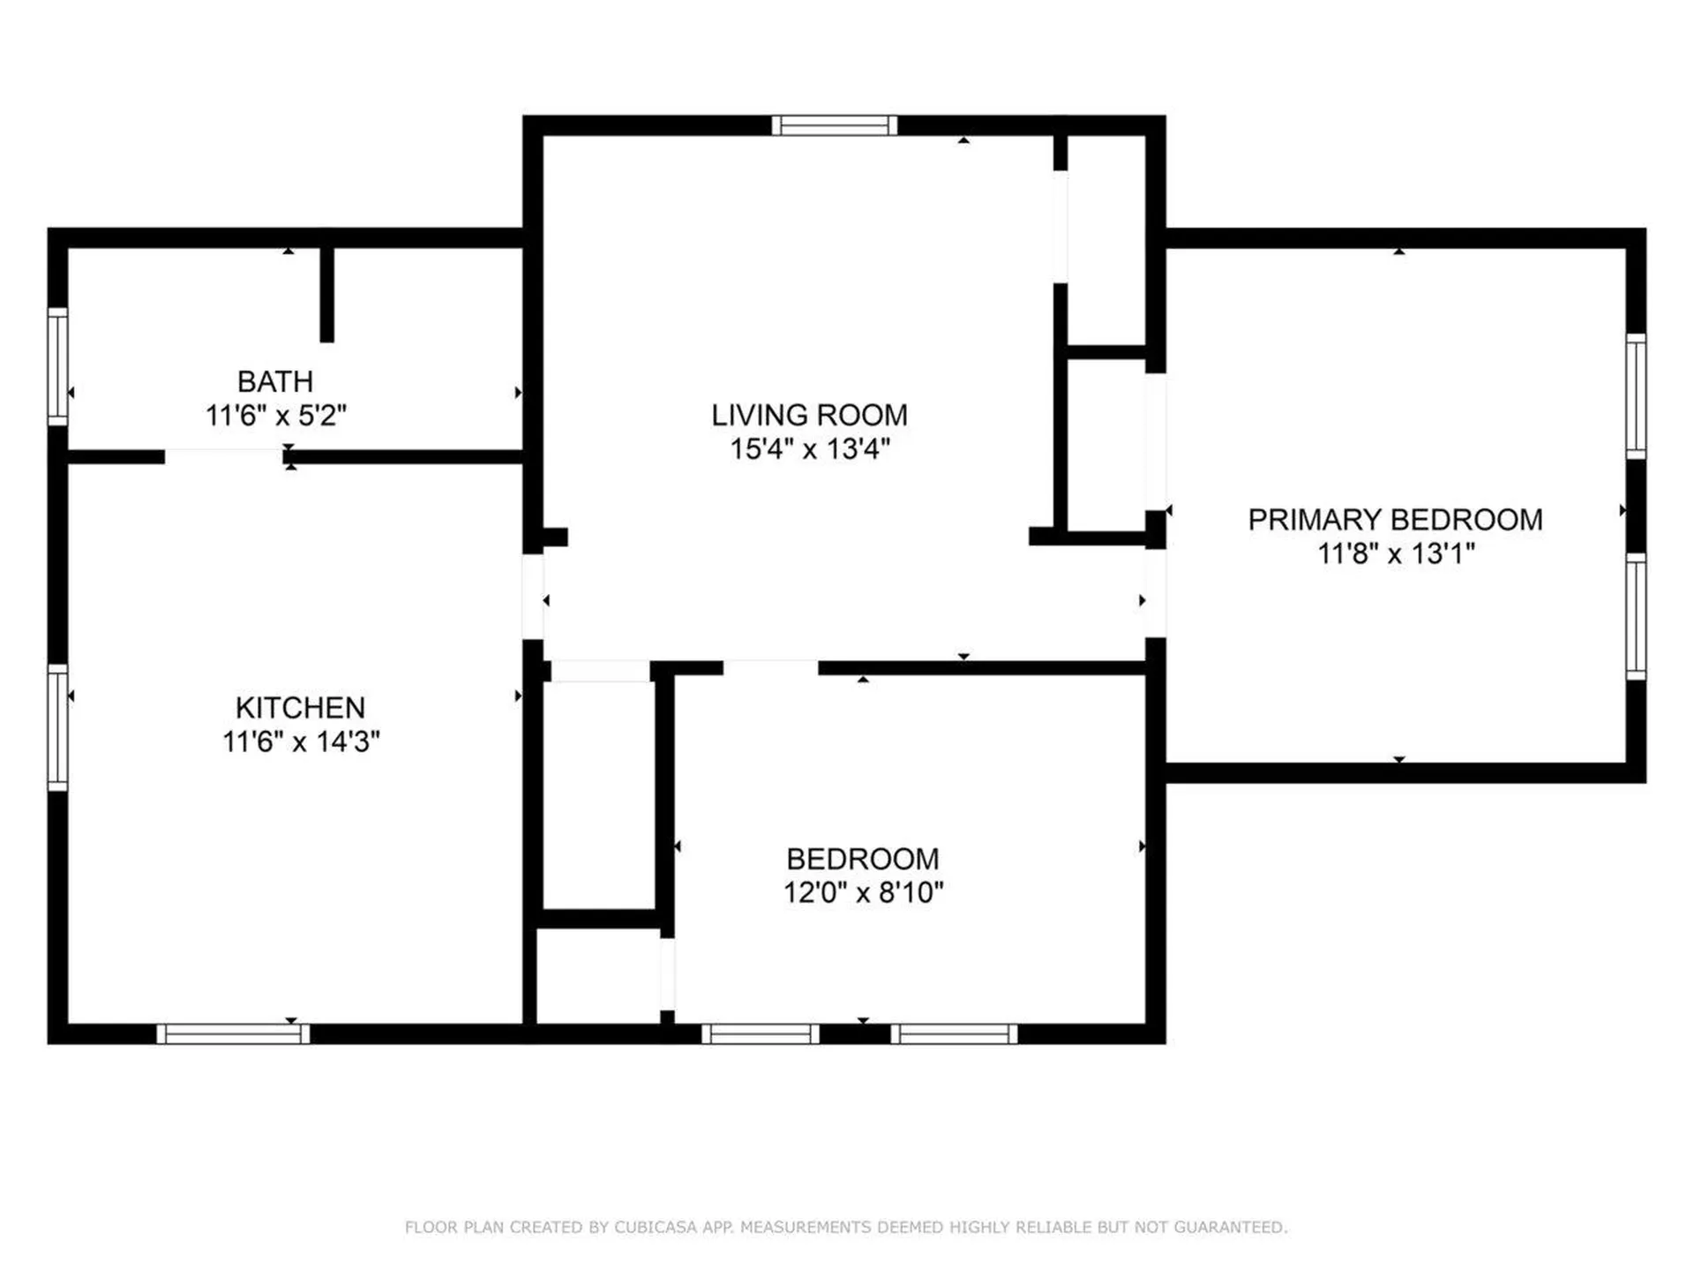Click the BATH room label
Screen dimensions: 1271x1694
[x=275, y=381]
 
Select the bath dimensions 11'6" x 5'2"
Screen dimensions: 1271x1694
[x=275, y=415]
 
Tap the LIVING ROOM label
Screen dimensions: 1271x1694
[x=809, y=415]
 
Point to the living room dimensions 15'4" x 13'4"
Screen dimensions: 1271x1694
[x=809, y=448]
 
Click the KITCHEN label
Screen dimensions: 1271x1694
[x=300, y=707]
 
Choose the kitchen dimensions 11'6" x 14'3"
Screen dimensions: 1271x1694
[x=300, y=741]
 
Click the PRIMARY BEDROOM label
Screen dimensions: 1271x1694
[x=1395, y=520]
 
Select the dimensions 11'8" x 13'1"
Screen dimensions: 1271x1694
[x=1395, y=553]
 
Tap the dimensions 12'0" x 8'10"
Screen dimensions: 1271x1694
[x=863, y=892]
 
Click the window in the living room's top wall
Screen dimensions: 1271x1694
[x=834, y=125]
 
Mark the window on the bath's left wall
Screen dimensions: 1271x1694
[x=57, y=366]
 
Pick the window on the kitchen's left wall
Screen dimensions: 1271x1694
[x=57, y=726]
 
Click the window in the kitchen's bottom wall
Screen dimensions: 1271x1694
[x=233, y=1034]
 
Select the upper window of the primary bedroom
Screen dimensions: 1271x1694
[x=1636, y=395]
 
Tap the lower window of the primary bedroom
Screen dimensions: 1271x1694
[x=1636, y=616]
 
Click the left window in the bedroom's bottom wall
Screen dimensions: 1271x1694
[x=760, y=1034]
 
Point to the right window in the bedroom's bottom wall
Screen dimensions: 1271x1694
[x=954, y=1034]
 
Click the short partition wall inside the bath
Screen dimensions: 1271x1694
[x=326, y=294]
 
